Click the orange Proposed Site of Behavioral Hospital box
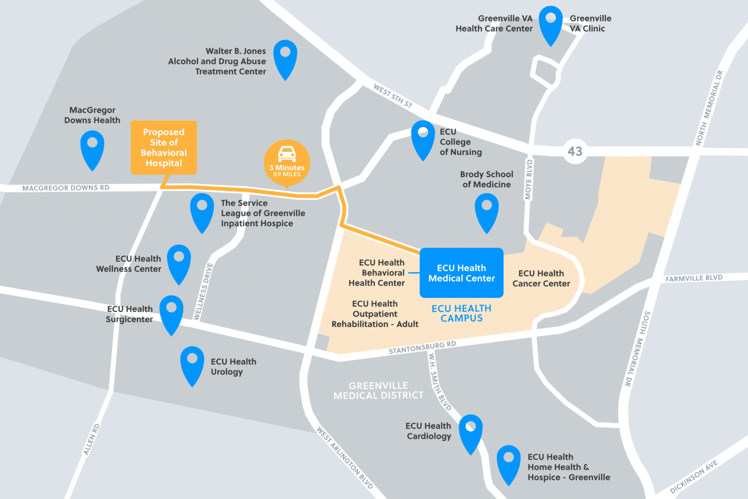coord(164,148)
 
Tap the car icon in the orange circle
coord(287,154)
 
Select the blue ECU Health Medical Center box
coord(461,273)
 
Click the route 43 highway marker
coord(575,151)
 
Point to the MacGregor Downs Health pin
coord(92,148)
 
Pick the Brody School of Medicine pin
coord(486,210)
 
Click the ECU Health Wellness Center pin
coord(179,261)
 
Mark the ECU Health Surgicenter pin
coord(171,312)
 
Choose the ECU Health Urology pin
coord(192,363)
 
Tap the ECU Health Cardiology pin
coord(470,431)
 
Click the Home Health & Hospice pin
coord(508,462)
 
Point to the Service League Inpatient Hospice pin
coord(202,210)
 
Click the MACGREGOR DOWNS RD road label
coord(66,188)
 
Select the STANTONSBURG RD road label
coord(422,348)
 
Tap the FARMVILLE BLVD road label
coord(694,278)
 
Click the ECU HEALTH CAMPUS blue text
coord(461,313)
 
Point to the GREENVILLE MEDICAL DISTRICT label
coord(378,390)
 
